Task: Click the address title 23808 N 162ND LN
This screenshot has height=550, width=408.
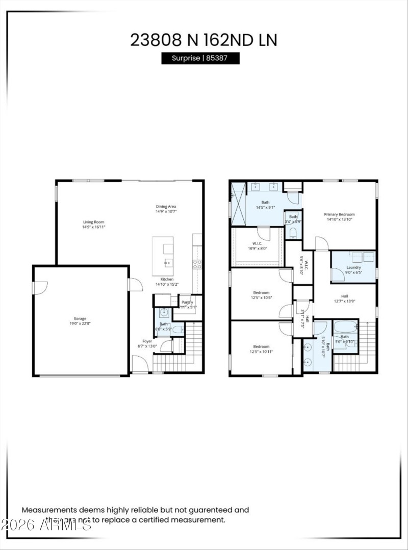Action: pos(203,40)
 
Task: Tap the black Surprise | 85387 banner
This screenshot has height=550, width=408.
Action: pos(200,58)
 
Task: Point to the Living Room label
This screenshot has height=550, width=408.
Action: pos(94,222)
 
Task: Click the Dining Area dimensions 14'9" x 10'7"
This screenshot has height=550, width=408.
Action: pos(166,212)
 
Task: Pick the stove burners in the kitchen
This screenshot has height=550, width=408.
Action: pos(196,264)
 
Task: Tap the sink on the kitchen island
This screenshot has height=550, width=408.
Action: pos(168,264)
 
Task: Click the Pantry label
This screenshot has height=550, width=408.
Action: pos(187,302)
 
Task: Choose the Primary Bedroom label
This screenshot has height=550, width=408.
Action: pos(339,214)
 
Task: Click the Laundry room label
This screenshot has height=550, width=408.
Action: pos(353,267)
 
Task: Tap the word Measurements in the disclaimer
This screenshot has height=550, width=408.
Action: pos(49,509)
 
